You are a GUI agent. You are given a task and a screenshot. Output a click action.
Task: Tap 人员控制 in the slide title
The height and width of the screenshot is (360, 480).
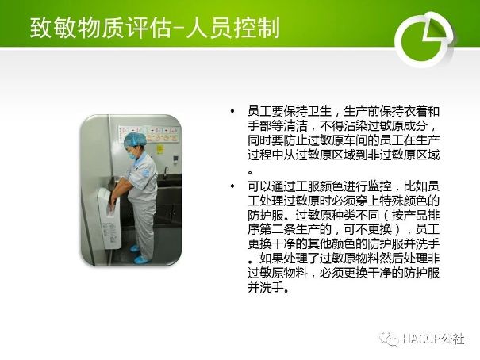[x=232, y=28]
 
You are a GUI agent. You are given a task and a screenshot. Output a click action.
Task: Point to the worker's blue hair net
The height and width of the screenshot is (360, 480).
[x=134, y=140]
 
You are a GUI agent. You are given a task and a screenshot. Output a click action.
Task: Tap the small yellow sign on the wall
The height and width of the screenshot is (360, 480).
[x=160, y=149]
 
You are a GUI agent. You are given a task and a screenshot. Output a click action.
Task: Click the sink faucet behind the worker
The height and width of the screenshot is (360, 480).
[x=166, y=172]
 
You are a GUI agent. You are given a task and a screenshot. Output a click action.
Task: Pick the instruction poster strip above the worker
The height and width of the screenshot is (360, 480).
[x=148, y=134]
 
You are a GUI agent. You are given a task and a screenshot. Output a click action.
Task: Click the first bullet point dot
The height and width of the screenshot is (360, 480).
[x=232, y=111]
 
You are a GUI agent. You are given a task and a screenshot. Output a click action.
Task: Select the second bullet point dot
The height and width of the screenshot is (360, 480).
[x=232, y=186]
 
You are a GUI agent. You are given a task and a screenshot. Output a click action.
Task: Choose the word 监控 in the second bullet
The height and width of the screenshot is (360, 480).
[x=379, y=186]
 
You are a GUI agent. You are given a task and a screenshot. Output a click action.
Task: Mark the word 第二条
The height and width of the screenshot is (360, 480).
[x=278, y=229]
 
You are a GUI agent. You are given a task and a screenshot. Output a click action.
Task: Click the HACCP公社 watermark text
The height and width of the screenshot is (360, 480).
[x=433, y=339]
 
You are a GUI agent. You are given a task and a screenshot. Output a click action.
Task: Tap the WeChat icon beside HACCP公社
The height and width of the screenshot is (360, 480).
[x=389, y=339]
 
